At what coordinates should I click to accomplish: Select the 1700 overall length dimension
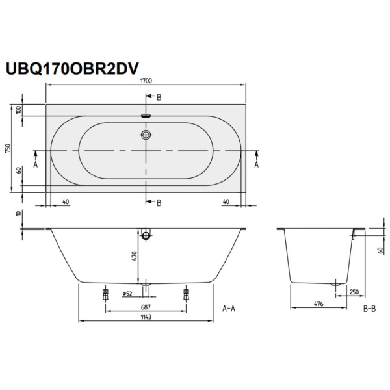pyautogui.click(x=146, y=80)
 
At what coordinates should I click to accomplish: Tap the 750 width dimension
pyautogui.click(x=8, y=147)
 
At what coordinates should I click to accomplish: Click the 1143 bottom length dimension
pyautogui.click(x=146, y=317)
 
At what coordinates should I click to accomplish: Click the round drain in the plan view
pyautogui.click(x=146, y=135)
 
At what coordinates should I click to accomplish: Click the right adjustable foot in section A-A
pyautogui.click(x=187, y=294)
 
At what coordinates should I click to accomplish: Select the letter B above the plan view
pyautogui.click(x=159, y=97)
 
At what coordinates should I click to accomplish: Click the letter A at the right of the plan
pyautogui.click(x=257, y=165)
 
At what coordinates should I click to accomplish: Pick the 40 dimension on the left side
pyautogui.click(x=66, y=201)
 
